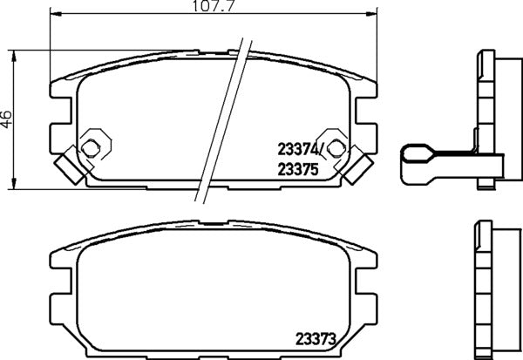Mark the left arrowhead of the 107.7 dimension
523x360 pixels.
(53, 15)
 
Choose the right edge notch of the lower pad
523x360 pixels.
(366, 282)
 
